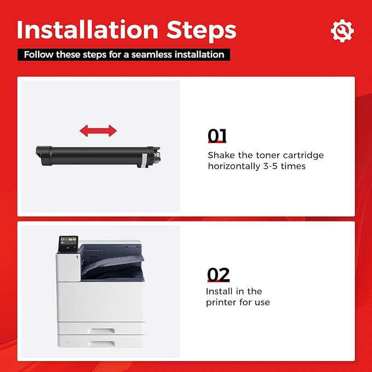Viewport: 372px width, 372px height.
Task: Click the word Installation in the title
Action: (x=88, y=30)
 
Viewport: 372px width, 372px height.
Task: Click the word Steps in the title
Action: (x=201, y=32)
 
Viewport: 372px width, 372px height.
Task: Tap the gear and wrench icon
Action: (x=342, y=31)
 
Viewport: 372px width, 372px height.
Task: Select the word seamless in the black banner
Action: (x=152, y=55)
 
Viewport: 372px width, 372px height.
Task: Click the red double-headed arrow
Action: (x=98, y=131)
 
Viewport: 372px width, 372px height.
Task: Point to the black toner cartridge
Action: (x=98, y=157)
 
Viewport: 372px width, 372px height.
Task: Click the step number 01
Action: (x=217, y=136)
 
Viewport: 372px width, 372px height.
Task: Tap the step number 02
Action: (x=218, y=274)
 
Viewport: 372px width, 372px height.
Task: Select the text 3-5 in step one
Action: (x=270, y=166)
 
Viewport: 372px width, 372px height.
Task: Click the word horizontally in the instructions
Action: (x=234, y=167)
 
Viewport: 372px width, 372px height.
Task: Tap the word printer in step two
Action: (x=221, y=303)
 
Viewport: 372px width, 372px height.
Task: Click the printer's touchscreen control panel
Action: (x=68, y=244)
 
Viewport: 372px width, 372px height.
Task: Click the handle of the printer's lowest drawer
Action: (x=101, y=344)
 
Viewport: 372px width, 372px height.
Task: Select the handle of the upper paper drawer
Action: (x=101, y=331)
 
